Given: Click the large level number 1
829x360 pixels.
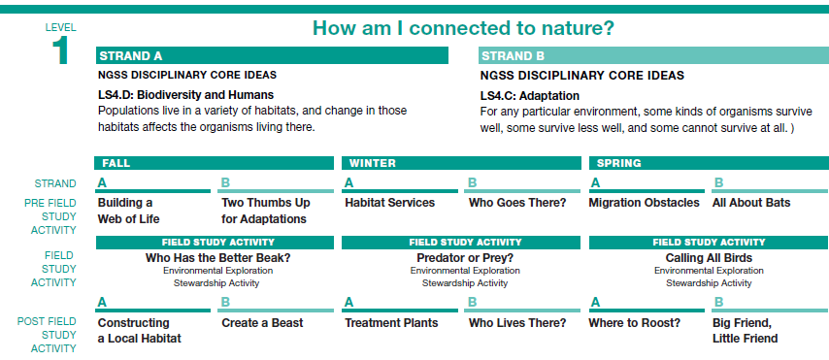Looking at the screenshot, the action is tap(60, 51).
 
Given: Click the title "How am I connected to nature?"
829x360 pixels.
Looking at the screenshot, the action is tap(463, 28).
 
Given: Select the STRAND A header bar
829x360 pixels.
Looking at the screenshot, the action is tap(272, 55).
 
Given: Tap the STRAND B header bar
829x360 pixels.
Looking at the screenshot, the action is tap(653, 55).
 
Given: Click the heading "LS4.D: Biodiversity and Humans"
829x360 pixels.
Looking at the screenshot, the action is tap(186, 95).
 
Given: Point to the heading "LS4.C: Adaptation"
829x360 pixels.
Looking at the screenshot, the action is tap(530, 96).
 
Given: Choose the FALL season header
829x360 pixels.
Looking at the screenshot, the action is tap(215, 163).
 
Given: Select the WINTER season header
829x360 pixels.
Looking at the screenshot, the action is tap(461, 163).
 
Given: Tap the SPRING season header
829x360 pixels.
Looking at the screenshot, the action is tap(709, 163).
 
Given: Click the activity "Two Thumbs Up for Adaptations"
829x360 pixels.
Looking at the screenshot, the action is tap(266, 211).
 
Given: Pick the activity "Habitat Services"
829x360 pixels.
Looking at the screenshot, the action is tap(389, 203).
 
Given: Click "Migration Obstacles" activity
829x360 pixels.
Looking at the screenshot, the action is tap(644, 203).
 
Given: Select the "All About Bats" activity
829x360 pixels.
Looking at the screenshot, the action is tap(751, 203).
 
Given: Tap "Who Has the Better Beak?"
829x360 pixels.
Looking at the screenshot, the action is tap(217, 258).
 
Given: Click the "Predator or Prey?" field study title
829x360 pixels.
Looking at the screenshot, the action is tap(465, 258).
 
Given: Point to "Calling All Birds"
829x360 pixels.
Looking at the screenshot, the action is tap(709, 258).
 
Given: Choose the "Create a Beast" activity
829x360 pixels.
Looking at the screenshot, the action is tap(262, 323).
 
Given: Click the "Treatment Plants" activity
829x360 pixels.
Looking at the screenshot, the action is tap(391, 323).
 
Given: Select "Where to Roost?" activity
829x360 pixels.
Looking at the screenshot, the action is tap(635, 323).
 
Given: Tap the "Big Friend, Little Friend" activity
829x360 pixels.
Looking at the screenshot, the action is tap(745, 330).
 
